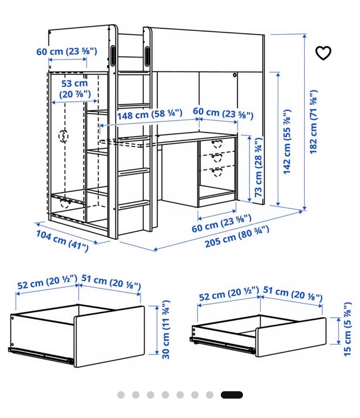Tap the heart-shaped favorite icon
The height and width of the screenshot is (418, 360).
tap(323, 53)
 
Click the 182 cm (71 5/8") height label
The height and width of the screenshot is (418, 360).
tap(313, 122)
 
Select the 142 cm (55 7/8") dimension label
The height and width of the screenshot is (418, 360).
tap(286, 142)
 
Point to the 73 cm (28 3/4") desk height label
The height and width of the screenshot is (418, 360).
tap(258, 167)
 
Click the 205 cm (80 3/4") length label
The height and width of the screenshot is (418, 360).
tap(237, 236)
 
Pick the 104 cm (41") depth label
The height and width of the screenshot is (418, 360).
tap(62, 241)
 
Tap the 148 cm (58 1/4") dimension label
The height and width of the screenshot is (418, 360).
tap(150, 114)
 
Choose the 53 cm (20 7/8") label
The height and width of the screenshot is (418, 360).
tap(75, 89)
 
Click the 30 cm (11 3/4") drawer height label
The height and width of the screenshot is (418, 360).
tap(166, 330)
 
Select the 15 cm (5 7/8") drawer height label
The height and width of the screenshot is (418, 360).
tap(347, 329)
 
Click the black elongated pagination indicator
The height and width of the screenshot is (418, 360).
tap(232, 395)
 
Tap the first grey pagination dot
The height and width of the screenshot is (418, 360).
tap(121, 395)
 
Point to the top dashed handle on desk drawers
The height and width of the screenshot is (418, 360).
tap(217, 143)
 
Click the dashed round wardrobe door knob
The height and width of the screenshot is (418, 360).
tap(63, 136)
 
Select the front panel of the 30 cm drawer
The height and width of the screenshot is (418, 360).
tap(110, 336)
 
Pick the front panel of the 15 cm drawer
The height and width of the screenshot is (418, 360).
tap(291, 337)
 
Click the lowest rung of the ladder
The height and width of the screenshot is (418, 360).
tap(134, 205)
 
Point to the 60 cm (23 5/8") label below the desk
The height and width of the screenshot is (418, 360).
tap(222, 223)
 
